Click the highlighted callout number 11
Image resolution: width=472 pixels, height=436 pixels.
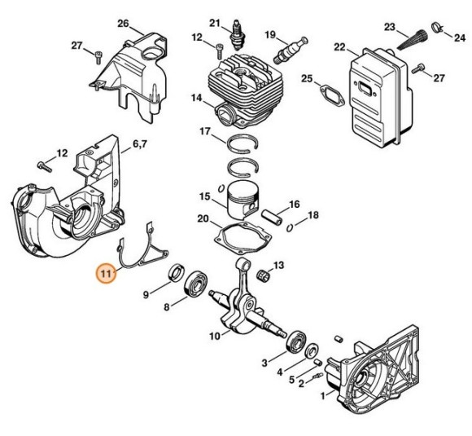tap(107, 274)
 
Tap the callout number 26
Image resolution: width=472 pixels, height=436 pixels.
tap(124, 22)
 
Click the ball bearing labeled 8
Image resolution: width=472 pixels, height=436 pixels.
tap(195, 285)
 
